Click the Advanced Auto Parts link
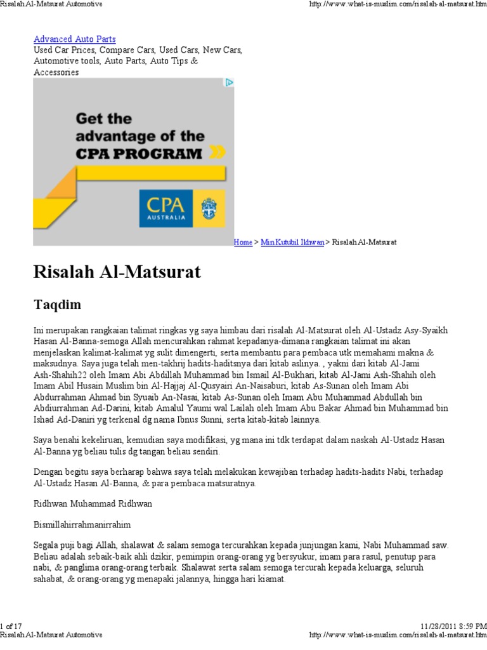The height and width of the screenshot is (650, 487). [74, 39]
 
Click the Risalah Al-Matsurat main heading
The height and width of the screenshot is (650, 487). [117, 272]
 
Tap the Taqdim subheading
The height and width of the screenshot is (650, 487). [57, 305]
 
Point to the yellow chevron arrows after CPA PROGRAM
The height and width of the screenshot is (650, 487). [217, 152]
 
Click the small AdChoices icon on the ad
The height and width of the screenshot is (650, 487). [230, 83]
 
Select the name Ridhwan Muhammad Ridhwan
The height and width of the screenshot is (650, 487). [93, 503]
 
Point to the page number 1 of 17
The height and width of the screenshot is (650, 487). [12, 625]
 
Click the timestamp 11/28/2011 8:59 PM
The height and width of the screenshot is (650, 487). [453, 625]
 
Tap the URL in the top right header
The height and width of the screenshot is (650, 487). [398, 4]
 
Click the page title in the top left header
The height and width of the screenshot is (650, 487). [51, 4]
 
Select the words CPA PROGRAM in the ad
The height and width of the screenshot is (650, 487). [140, 153]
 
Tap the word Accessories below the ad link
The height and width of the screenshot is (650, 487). [56, 72]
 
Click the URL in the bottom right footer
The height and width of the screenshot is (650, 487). [398, 634]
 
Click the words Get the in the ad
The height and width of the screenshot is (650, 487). [104, 119]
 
